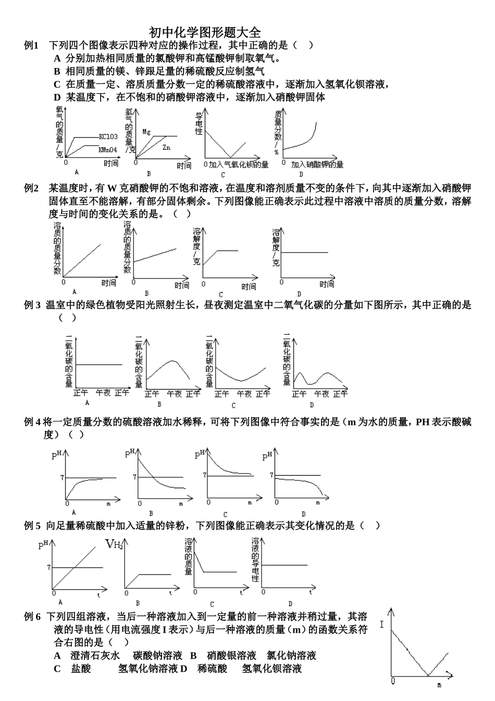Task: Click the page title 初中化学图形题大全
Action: click(205, 33)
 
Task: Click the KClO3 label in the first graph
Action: click(108, 137)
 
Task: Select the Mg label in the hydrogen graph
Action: click(146, 132)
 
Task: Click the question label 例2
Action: click(32, 188)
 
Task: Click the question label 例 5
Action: click(32, 526)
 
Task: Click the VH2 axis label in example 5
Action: click(114, 545)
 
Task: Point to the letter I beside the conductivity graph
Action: click(382, 624)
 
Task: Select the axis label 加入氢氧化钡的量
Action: click(239, 164)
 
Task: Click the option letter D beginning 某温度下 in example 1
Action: click(57, 97)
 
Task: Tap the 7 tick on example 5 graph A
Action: click(49, 567)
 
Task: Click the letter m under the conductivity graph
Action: click(439, 684)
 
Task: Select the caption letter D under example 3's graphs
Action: click(312, 405)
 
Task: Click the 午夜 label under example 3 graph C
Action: click(244, 394)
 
